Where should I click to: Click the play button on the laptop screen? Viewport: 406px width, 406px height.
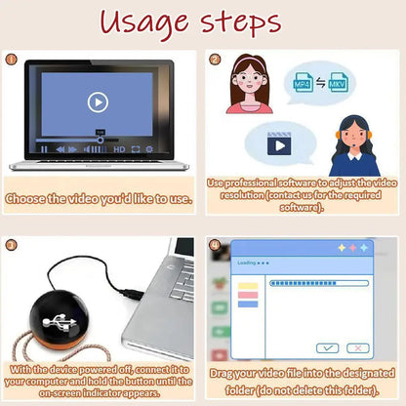(97, 101)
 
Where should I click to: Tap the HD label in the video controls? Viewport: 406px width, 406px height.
(119, 149)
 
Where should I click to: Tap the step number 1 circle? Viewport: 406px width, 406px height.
(13, 60)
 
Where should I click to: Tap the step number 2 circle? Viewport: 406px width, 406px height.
(216, 60)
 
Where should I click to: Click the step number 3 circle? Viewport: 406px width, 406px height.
(13, 244)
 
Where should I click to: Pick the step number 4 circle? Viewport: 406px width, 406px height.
(216, 244)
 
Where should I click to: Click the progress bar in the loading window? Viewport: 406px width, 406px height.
(316, 284)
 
